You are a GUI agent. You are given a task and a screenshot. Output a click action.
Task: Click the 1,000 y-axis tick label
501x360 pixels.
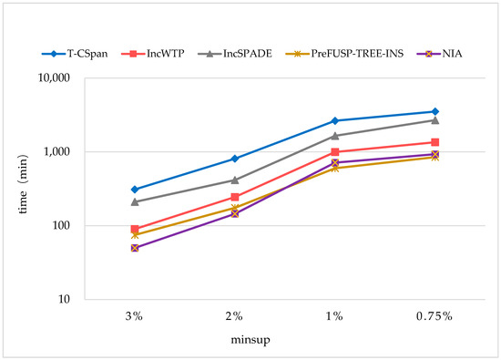[56, 152]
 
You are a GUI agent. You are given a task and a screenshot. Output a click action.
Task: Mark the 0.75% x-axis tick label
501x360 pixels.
[435, 315]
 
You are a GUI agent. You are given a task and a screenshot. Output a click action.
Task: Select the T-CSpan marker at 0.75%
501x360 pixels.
[435, 111]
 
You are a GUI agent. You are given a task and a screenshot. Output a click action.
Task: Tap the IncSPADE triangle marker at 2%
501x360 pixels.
[235, 180]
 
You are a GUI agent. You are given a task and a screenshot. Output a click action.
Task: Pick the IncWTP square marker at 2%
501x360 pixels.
[235, 197]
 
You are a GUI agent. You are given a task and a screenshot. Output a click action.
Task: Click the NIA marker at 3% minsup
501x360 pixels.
[135, 248]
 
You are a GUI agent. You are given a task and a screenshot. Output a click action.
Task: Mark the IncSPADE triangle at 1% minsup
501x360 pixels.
[335, 136]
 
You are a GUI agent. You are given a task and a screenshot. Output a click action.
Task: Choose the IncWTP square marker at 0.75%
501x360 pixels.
[435, 142]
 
